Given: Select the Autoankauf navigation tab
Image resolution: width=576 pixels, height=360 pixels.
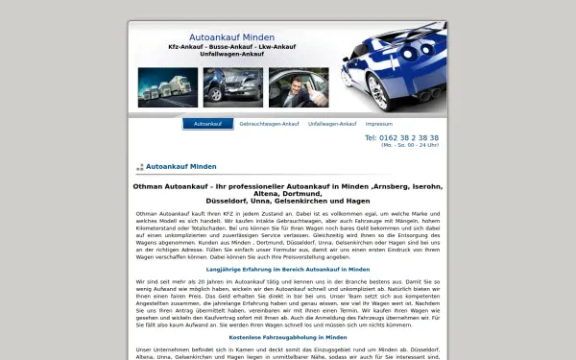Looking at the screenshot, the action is point(208,124).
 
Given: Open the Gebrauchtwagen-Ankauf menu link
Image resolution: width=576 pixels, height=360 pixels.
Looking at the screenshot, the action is point(269,124).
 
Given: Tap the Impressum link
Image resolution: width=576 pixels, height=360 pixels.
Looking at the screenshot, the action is point(378,124).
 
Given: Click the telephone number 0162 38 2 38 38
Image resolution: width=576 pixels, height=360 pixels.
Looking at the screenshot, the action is point(402,137).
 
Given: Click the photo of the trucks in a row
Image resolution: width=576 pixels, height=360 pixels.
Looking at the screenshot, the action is point(168,87).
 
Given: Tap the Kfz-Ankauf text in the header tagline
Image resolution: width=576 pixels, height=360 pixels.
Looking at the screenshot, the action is point(190,46).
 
